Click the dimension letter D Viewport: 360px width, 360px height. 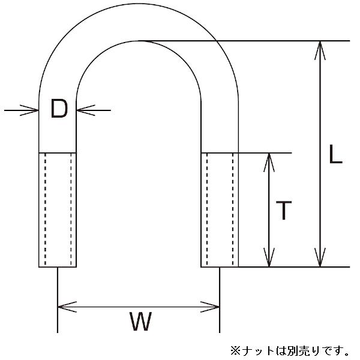(x=59, y=109)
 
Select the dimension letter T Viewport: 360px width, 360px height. (x=283, y=211)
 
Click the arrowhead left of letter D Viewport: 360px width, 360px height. (x=30, y=110)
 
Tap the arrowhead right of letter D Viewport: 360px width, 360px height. (x=85, y=110)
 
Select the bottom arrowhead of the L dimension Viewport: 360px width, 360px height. (x=320, y=258)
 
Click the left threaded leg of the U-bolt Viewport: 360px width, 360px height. (x=58, y=210)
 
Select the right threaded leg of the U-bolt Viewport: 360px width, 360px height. (x=220, y=210)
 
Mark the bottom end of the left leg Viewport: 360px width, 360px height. (x=58, y=266)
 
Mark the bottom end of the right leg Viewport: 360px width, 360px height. (x=220, y=266)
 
